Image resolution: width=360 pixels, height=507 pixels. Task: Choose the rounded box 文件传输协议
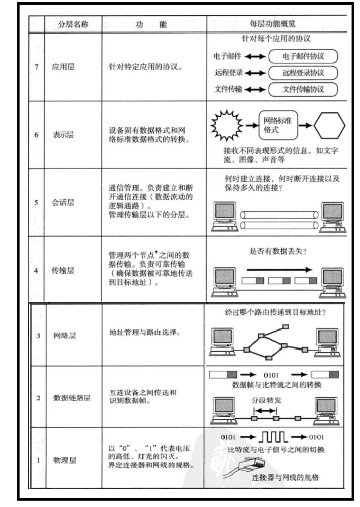point(302,88)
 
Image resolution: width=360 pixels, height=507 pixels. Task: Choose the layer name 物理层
point(62,460)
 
